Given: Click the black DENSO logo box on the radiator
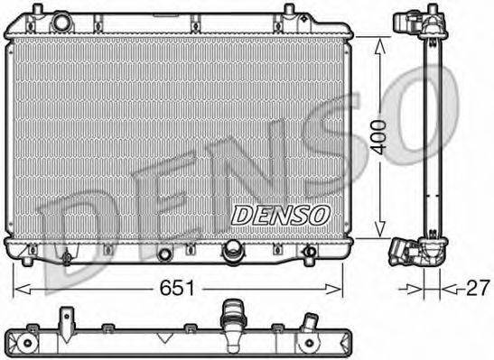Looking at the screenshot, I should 281,214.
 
